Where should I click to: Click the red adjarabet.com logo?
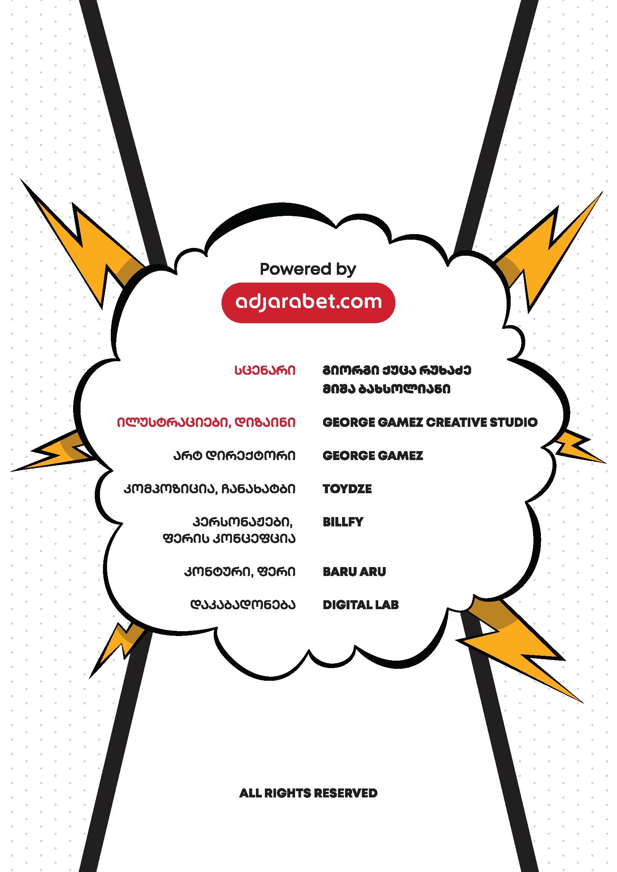308,303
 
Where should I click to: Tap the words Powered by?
308,270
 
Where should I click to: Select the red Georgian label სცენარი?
265,370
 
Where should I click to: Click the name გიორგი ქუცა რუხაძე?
397,370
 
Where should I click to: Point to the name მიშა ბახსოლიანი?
386,389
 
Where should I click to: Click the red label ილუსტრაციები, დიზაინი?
206,422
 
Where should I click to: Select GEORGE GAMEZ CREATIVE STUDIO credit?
430,422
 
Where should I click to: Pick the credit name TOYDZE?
347,489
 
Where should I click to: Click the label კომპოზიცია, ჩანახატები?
209,489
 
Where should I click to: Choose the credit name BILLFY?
343,522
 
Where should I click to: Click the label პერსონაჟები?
242,522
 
